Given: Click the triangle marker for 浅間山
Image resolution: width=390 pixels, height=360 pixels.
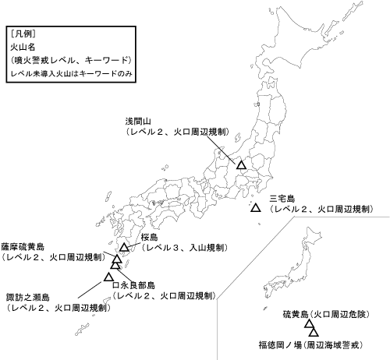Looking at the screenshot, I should tap(242, 165).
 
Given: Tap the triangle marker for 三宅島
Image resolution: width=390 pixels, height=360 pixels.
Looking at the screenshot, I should tap(256, 208).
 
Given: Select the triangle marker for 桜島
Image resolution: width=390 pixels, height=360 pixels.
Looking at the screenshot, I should tap(124, 249).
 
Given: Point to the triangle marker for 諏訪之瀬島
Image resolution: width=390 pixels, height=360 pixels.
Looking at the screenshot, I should tap(108, 276).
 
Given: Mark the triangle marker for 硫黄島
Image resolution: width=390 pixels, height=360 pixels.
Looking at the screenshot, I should tap(310, 327).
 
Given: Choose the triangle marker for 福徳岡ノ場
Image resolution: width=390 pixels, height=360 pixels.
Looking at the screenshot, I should tap(314, 334).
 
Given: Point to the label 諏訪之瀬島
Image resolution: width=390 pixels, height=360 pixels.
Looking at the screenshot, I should tap(28, 298).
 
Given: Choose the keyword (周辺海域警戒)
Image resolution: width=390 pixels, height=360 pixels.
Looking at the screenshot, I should tap(340, 343).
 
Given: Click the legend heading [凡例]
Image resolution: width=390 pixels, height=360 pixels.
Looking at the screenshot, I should tap(24, 35).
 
